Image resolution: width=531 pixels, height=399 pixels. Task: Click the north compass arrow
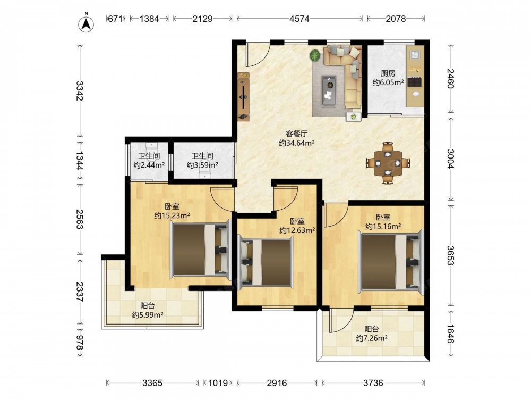pyautogui.click(x=86, y=23)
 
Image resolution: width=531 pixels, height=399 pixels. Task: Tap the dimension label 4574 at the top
pyautogui.click(x=299, y=19)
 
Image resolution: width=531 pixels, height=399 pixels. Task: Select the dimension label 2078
pyautogui.click(x=396, y=19)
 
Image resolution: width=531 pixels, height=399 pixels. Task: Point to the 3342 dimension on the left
pyautogui.click(x=80, y=90)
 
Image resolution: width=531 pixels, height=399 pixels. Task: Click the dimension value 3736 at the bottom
pyautogui.click(x=373, y=383)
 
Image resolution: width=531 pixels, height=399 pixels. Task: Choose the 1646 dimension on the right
pyautogui.click(x=451, y=334)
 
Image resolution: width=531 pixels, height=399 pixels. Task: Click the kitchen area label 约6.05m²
pyautogui.click(x=388, y=82)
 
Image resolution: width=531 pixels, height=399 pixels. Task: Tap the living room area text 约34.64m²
pyautogui.click(x=297, y=143)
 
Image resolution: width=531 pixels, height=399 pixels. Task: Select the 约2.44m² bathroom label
pyautogui.click(x=149, y=165)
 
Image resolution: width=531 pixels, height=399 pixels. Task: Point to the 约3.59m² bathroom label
pyautogui.click(x=202, y=165)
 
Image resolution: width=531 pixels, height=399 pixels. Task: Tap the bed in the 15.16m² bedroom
pyautogui.click(x=391, y=260)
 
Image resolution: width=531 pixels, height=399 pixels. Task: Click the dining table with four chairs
pyautogui.click(x=388, y=163)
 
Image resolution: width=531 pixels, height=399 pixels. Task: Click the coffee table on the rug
pyautogui.click(x=329, y=91)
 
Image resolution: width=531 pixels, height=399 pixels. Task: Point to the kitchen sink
pyautogui.click(x=415, y=55)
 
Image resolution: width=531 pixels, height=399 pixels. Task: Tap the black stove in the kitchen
pyautogui.click(x=415, y=82)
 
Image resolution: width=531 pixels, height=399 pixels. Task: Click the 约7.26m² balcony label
pyautogui.click(x=372, y=338)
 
